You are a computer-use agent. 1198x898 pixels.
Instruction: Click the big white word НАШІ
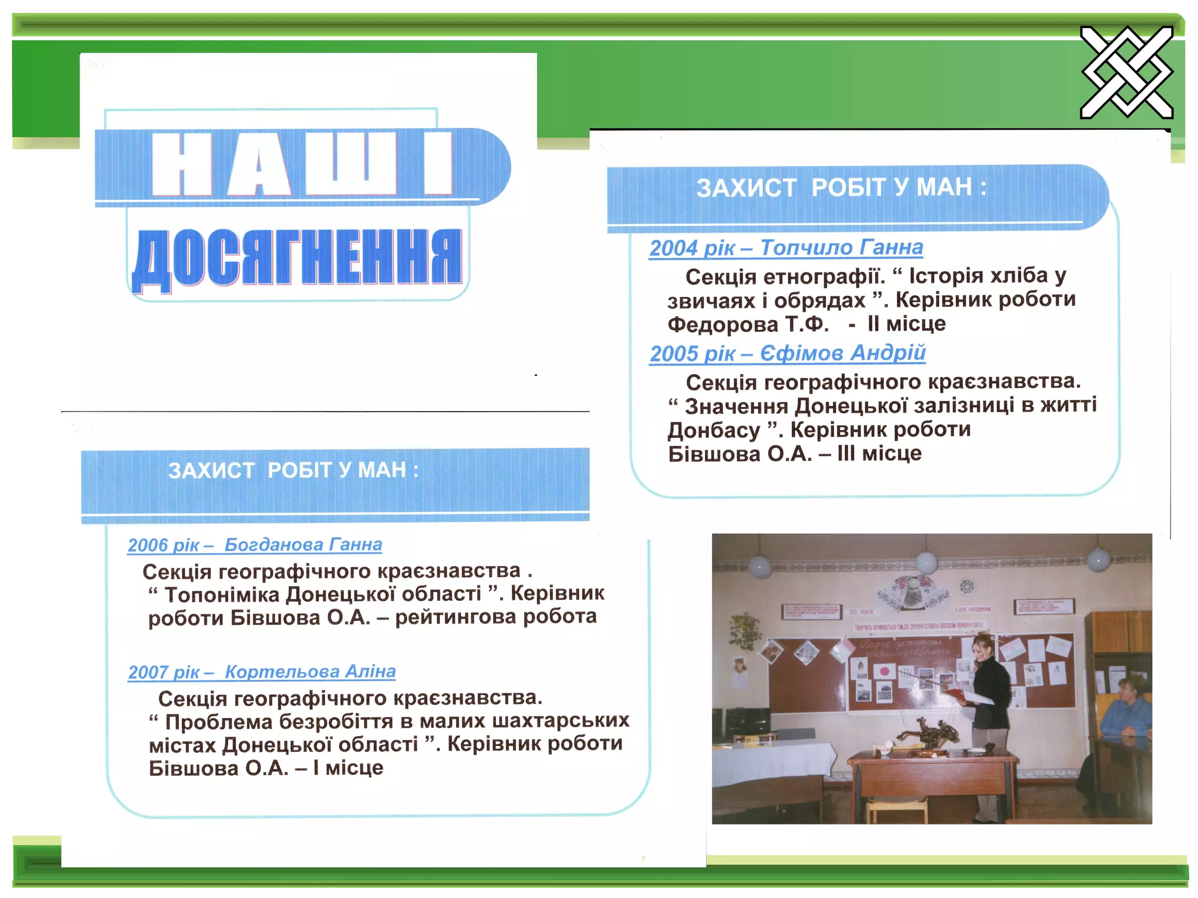click(x=302, y=164)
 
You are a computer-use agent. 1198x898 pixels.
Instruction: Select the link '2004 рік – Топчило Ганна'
click(x=786, y=248)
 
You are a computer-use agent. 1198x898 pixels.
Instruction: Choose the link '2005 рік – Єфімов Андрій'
click(x=787, y=353)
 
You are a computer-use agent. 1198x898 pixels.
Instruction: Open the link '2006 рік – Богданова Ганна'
click(x=254, y=545)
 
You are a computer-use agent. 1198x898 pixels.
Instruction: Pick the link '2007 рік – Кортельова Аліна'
click(x=261, y=672)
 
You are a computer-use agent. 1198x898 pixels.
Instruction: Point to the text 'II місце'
click(x=906, y=323)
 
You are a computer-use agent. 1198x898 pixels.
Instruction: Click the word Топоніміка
click(x=221, y=595)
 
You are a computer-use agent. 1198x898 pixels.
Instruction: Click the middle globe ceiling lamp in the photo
click(x=927, y=562)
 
